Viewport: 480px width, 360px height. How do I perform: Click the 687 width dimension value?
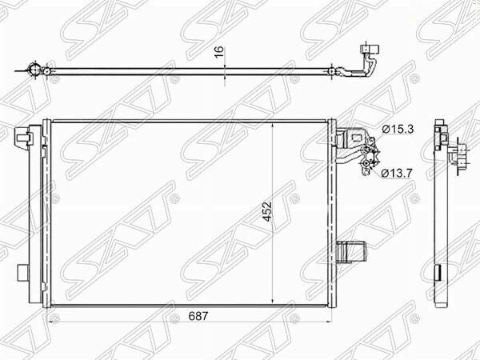point(198,316)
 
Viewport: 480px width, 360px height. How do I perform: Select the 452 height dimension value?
point(267,211)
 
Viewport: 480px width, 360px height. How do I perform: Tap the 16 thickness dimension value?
point(219,52)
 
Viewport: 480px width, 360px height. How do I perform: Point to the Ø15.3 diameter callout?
point(398,130)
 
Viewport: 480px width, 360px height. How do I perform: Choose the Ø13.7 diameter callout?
point(397,174)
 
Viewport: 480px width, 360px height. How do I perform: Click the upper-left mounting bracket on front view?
point(22,136)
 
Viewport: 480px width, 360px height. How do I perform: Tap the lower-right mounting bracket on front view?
point(351,252)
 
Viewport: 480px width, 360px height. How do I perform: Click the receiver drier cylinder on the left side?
point(35,214)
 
